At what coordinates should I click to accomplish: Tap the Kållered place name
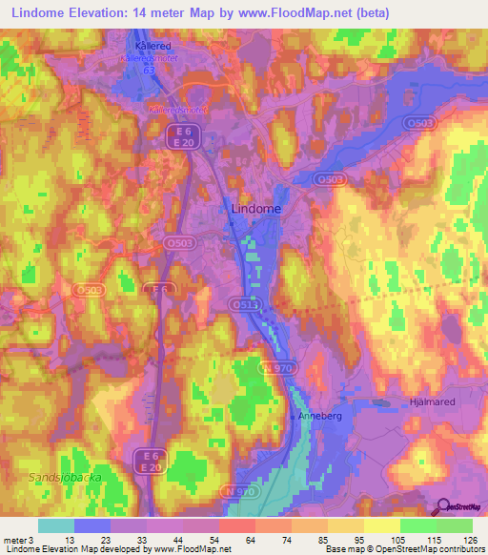click(x=150, y=44)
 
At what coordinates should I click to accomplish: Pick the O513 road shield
click(x=243, y=304)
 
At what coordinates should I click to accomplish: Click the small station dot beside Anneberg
click(x=292, y=417)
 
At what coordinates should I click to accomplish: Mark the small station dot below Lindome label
click(x=231, y=224)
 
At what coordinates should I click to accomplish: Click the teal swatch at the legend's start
click(x=55, y=525)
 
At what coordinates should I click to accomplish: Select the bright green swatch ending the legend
click(x=455, y=525)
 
